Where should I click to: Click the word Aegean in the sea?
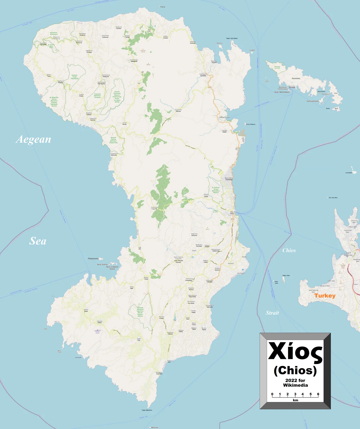[x=33, y=140]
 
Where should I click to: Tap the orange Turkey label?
[x=325, y=296]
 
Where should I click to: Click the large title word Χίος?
[x=295, y=351]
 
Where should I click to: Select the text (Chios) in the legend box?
[x=295, y=370]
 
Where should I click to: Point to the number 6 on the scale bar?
[x=318, y=394]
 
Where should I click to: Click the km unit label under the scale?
[x=295, y=400]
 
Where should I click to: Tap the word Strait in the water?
[x=272, y=313]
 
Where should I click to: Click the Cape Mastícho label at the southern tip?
[x=147, y=410]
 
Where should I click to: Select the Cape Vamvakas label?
[x=232, y=38]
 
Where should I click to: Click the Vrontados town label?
[x=229, y=179]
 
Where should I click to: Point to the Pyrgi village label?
[x=139, y=339]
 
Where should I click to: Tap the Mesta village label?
[x=86, y=311]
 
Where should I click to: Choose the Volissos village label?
[x=89, y=114]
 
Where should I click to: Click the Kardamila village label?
[x=203, y=75]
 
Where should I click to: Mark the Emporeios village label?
[x=159, y=373]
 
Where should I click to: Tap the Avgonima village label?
[x=154, y=208]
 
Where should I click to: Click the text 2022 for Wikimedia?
[x=295, y=383]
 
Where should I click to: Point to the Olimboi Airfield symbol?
[x=98, y=331]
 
